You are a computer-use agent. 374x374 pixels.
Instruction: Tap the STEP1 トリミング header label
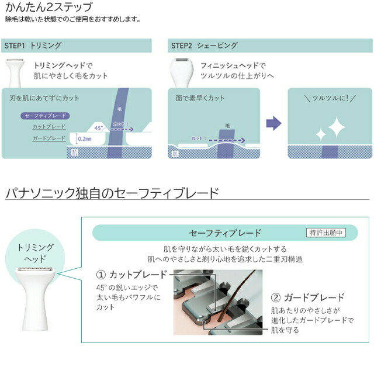click(33, 46)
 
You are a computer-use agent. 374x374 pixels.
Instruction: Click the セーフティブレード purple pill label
click(46, 116)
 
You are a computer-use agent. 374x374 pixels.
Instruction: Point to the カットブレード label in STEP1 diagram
click(49, 127)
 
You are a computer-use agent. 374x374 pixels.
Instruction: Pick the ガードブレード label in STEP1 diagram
click(49, 138)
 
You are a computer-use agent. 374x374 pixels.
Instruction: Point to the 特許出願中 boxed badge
click(326, 233)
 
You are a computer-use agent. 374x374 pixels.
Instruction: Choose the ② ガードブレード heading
click(307, 297)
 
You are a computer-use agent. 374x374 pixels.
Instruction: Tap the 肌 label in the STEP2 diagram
click(175, 154)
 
